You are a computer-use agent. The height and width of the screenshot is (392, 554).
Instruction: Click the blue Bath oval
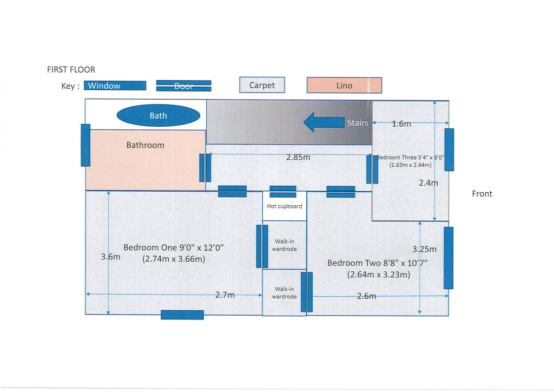point(159,115)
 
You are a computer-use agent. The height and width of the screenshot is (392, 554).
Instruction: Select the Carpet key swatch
point(262,85)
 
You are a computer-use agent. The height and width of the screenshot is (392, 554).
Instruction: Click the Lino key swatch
point(344,86)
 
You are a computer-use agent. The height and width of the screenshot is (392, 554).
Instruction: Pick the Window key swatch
point(115,86)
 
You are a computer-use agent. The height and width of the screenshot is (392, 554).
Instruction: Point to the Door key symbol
point(184,86)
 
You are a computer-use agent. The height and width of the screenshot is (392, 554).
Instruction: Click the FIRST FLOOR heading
point(71,69)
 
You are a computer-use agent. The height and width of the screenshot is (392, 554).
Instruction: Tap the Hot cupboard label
point(285,206)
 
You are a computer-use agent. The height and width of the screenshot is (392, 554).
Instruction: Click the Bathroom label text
point(145,145)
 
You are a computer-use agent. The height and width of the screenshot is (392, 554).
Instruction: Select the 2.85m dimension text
point(298,158)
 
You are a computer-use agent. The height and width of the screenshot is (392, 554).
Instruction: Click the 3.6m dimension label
point(110,257)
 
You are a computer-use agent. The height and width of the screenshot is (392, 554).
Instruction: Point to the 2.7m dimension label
point(226,295)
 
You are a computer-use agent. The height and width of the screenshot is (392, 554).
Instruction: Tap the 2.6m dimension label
point(367,296)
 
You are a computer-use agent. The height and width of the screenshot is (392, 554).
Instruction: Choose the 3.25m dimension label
point(424,250)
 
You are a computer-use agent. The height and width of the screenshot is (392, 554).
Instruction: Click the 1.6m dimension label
point(401,123)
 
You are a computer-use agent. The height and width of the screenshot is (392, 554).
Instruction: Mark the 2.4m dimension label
point(428,183)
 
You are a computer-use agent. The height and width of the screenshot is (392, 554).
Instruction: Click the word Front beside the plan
point(482,194)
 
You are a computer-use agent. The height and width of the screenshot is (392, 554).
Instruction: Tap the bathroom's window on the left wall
point(85,145)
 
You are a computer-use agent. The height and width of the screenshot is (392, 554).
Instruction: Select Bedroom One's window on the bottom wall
point(182,315)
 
